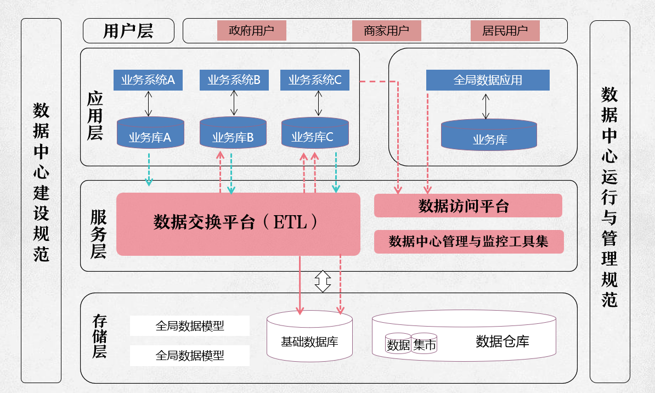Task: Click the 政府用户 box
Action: pyautogui.click(x=251, y=31)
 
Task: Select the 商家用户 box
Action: pyautogui.click(x=386, y=31)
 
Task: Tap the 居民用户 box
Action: pyautogui.click(x=505, y=31)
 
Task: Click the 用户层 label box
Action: pyautogui.click(x=128, y=31)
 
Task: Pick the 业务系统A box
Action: pyautogui.click(x=148, y=80)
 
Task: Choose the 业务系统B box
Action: pyautogui.click(x=234, y=80)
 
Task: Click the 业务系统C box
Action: pyautogui.click(x=315, y=80)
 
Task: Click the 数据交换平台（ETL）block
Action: pyautogui.click(x=238, y=223)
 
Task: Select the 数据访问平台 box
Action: pyautogui.click(x=468, y=206)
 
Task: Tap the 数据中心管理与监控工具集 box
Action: pyautogui.click(x=468, y=242)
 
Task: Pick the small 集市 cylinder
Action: pyautogui.click(x=425, y=345)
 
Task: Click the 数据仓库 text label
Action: pyautogui.click(x=502, y=341)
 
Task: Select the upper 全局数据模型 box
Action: pyautogui.click(x=190, y=326)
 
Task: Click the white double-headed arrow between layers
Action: pyautogui.click(x=323, y=281)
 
